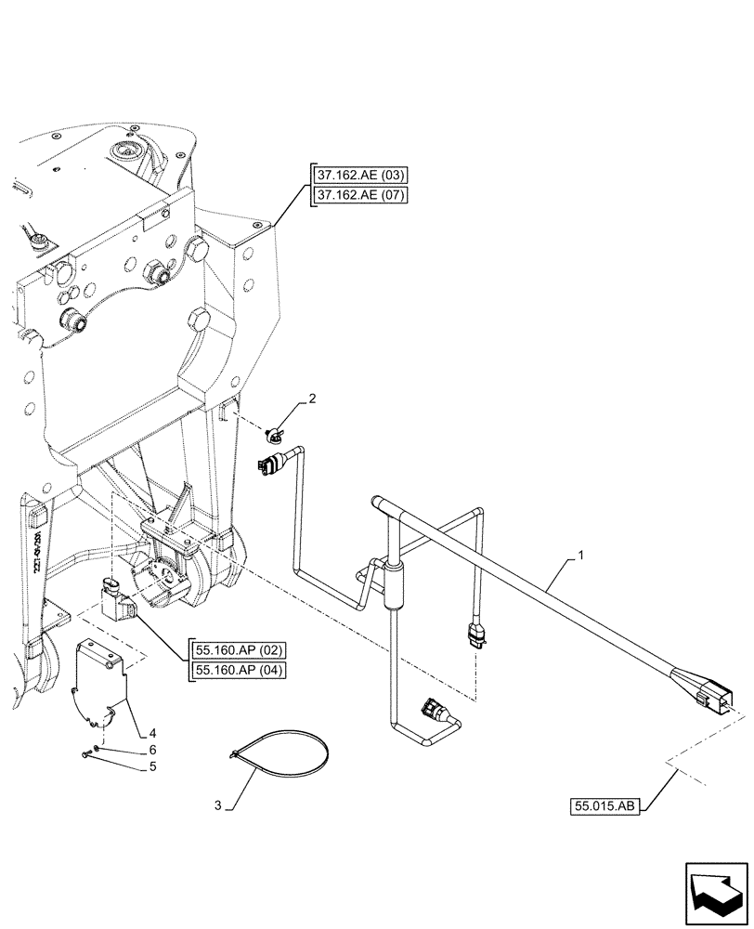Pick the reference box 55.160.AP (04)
(x=238, y=671)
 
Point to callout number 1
(x=580, y=556)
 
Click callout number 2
(x=313, y=399)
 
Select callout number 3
(x=218, y=805)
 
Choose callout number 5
(x=139, y=767)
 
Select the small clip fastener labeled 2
(x=276, y=431)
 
